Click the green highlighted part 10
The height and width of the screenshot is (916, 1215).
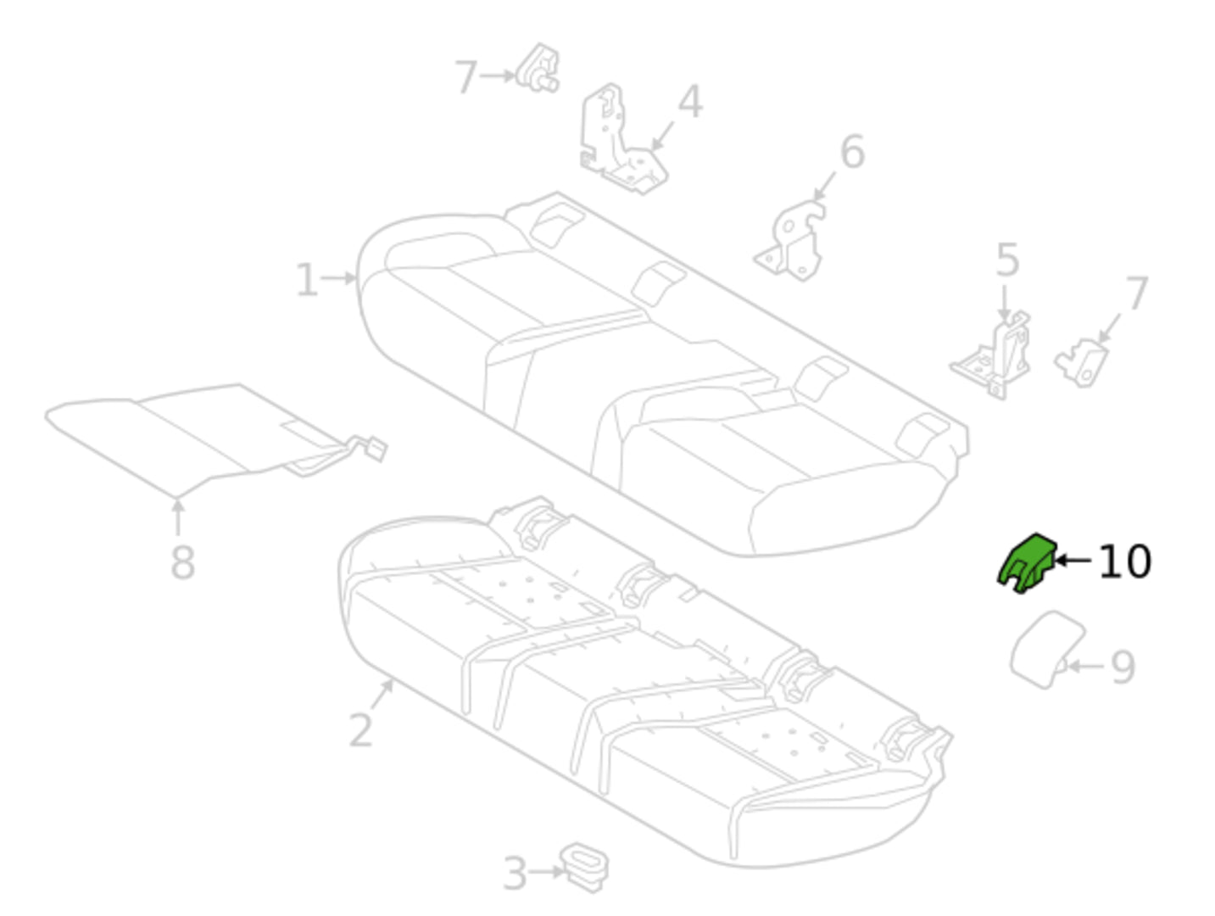(x=1026, y=564)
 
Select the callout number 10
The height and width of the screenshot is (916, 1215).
(x=1125, y=561)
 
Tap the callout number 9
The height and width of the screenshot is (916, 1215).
(x=1123, y=668)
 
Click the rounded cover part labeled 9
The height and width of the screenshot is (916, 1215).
(x=1047, y=649)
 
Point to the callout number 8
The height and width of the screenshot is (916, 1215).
(x=182, y=562)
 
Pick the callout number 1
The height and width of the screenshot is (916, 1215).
(x=307, y=280)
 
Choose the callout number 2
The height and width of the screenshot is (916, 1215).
(x=361, y=730)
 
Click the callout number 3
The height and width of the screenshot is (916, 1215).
(x=515, y=874)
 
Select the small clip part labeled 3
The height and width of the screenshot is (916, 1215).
(x=584, y=867)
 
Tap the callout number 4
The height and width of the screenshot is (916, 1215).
(x=691, y=101)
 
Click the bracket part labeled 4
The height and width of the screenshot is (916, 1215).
(x=622, y=139)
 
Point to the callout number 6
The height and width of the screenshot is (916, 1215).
(x=852, y=151)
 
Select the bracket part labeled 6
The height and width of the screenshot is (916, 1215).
(x=789, y=241)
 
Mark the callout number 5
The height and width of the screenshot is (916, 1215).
(x=1007, y=260)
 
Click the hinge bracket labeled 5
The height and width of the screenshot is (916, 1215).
(x=991, y=355)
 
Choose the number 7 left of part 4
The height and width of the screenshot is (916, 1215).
(x=465, y=77)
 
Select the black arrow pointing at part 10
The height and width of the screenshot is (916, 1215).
(x=1073, y=561)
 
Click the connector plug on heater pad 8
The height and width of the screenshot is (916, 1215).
(x=376, y=449)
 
